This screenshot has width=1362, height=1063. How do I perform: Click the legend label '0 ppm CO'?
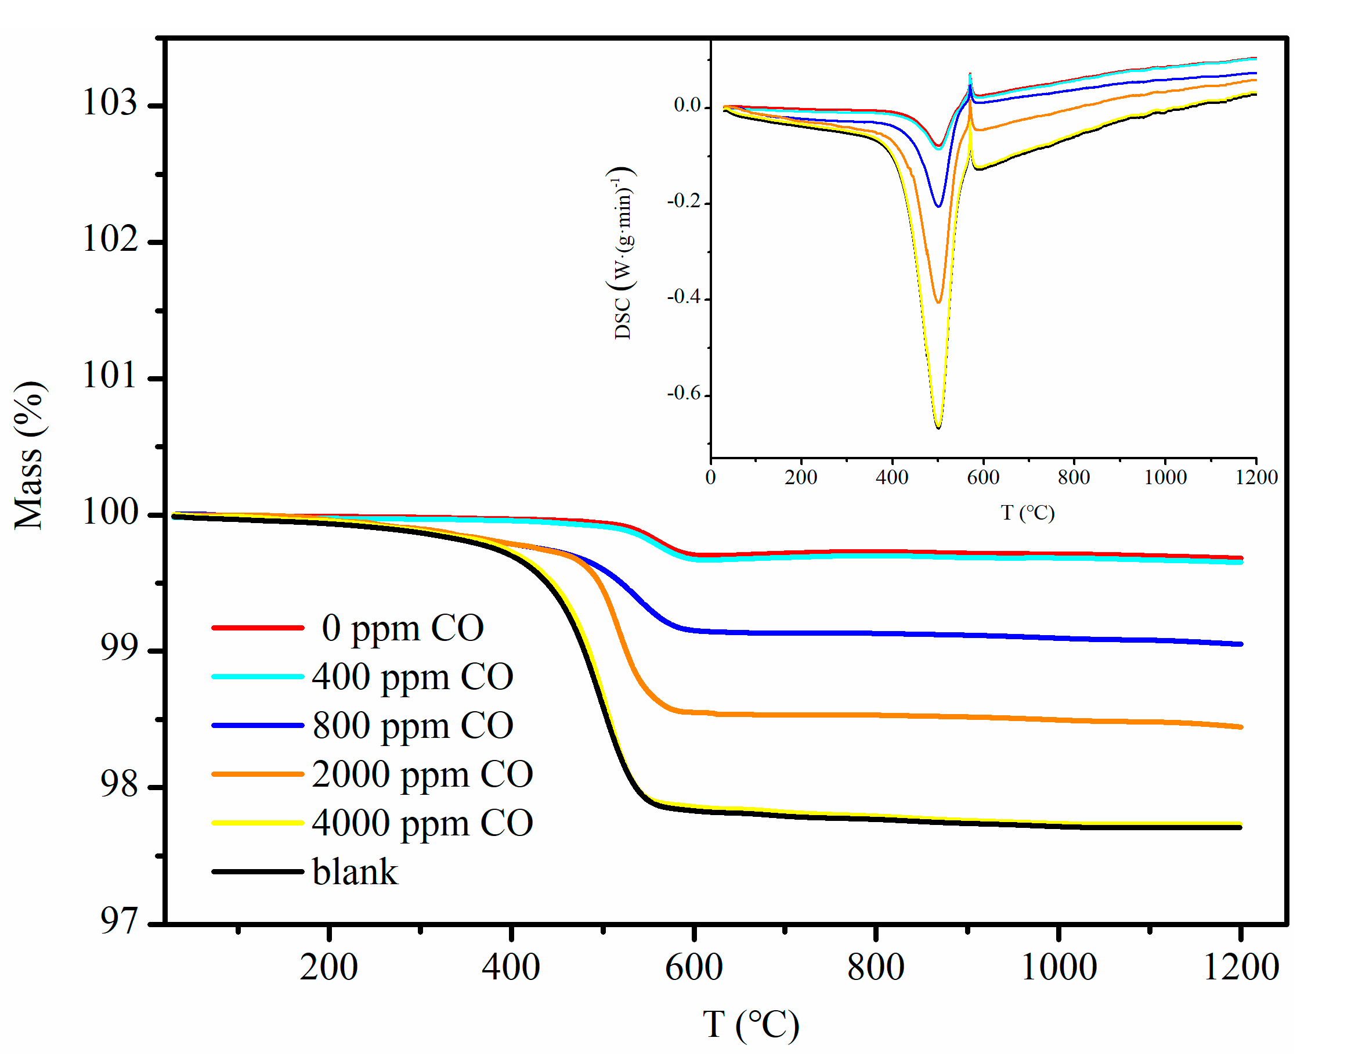[x=402, y=628]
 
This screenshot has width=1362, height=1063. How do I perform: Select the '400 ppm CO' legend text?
[x=412, y=676]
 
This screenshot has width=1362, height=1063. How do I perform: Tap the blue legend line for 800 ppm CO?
[x=258, y=726]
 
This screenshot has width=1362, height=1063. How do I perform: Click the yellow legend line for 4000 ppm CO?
[x=258, y=823]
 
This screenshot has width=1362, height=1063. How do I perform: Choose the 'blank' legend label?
[x=355, y=872]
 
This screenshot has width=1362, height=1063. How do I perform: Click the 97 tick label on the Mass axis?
[x=118, y=921]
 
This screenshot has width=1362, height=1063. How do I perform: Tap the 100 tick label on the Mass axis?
[x=109, y=512]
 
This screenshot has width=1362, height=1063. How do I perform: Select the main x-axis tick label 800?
[x=876, y=968]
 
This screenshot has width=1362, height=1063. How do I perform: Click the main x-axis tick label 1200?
[x=1240, y=968]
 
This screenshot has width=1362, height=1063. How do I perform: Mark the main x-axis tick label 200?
[x=328, y=968]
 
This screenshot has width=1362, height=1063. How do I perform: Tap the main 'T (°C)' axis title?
[x=750, y=1024]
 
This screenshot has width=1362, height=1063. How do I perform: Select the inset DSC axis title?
[x=622, y=253]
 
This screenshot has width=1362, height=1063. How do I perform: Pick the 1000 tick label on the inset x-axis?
[x=1165, y=477]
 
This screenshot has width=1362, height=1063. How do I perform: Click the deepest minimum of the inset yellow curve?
[x=938, y=427]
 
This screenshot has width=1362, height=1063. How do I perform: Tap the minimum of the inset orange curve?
[x=938, y=302]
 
